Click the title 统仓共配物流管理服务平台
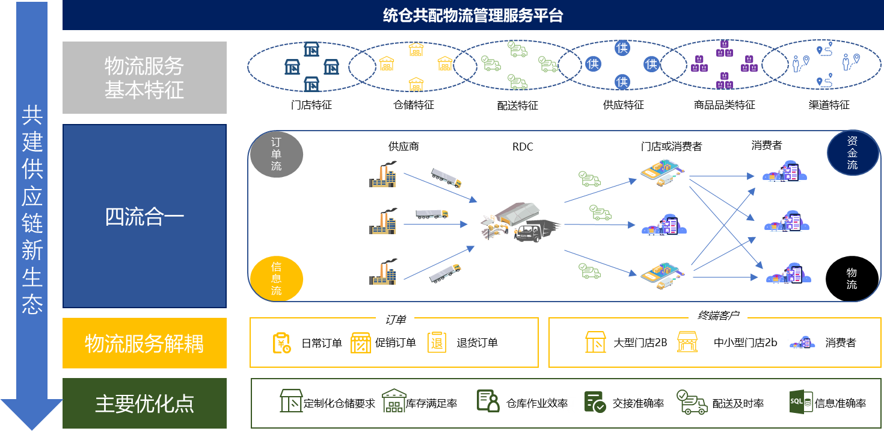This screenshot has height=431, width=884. (473, 16)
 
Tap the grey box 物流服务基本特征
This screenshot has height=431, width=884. (144, 78)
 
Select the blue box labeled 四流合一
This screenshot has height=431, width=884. (144, 216)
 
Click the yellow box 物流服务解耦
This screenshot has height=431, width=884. (144, 343)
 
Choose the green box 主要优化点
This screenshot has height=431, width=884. (144, 403)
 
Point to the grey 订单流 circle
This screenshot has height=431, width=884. (276, 153)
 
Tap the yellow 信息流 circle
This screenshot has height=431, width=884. (276, 279)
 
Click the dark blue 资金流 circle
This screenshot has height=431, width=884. (852, 152)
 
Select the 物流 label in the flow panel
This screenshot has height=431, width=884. (852, 279)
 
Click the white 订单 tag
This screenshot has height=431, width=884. (395, 320)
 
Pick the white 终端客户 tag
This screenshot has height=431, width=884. (717, 315)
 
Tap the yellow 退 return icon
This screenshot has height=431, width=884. (437, 342)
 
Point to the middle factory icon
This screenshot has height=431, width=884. (383, 222)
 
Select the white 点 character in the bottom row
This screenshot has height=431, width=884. (566, 403)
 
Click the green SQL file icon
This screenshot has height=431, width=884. (801, 402)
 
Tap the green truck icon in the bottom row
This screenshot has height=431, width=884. (691, 402)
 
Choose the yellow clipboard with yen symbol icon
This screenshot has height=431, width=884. (281, 343)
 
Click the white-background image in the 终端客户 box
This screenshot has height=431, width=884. (804, 343)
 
